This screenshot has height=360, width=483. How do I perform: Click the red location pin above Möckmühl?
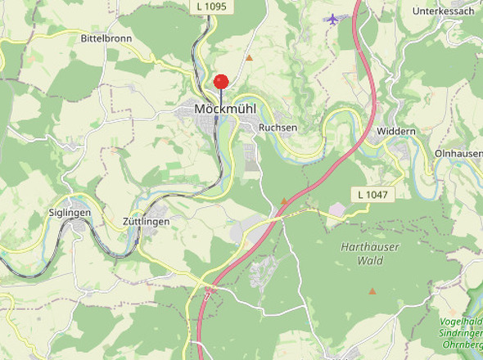click(x=221, y=82)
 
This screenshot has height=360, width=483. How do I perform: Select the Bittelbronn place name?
click(x=106, y=38)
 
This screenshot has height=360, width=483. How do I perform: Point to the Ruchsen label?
click(x=278, y=128)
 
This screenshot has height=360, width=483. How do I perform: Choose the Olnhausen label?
click(x=458, y=153)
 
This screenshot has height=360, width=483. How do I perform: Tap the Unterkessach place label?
click(x=443, y=11)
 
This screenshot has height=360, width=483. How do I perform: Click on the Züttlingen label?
click(x=146, y=222)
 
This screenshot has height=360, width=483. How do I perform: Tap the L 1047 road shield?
click(x=372, y=195)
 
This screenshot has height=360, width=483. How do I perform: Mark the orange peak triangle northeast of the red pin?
click(x=249, y=57)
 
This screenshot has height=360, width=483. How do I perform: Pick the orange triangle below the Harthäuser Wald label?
click(x=372, y=290)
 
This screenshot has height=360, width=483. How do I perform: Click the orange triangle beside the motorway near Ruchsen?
click(x=284, y=200)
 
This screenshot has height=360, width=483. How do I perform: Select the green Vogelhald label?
click(x=462, y=322)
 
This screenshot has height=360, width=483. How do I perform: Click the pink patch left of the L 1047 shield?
click(x=337, y=210)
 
